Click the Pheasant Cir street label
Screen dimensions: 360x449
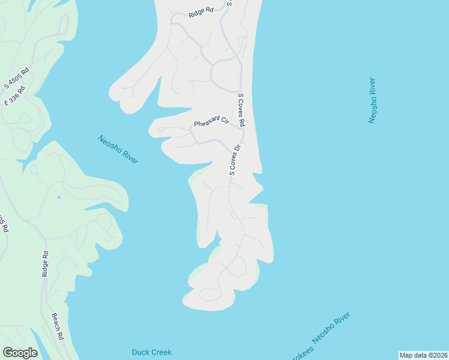211,122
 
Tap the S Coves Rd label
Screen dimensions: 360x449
241,110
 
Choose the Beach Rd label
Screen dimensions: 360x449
57,326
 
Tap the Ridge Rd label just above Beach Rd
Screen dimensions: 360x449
45,264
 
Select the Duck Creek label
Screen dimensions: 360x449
152,352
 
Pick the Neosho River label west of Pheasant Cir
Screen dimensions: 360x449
118,149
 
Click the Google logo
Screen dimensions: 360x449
20,353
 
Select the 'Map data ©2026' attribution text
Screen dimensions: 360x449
423,355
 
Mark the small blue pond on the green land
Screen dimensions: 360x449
59,197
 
